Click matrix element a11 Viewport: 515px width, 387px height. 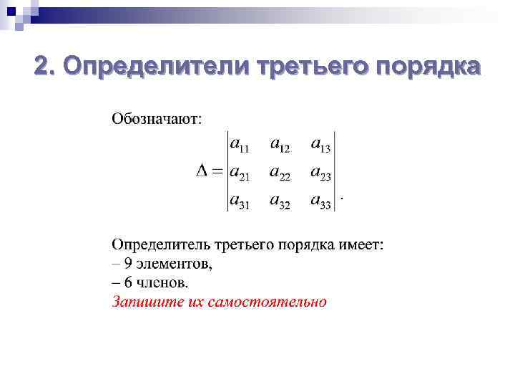tap(240, 145)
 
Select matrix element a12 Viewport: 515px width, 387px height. tap(280, 145)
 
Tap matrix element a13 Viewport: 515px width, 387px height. tap(320, 145)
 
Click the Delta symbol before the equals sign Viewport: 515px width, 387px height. tap(202, 172)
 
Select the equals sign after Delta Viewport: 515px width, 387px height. tap(218, 172)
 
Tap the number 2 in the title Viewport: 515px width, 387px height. tap(44, 67)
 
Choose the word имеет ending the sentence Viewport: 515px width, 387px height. tap(363, 245)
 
